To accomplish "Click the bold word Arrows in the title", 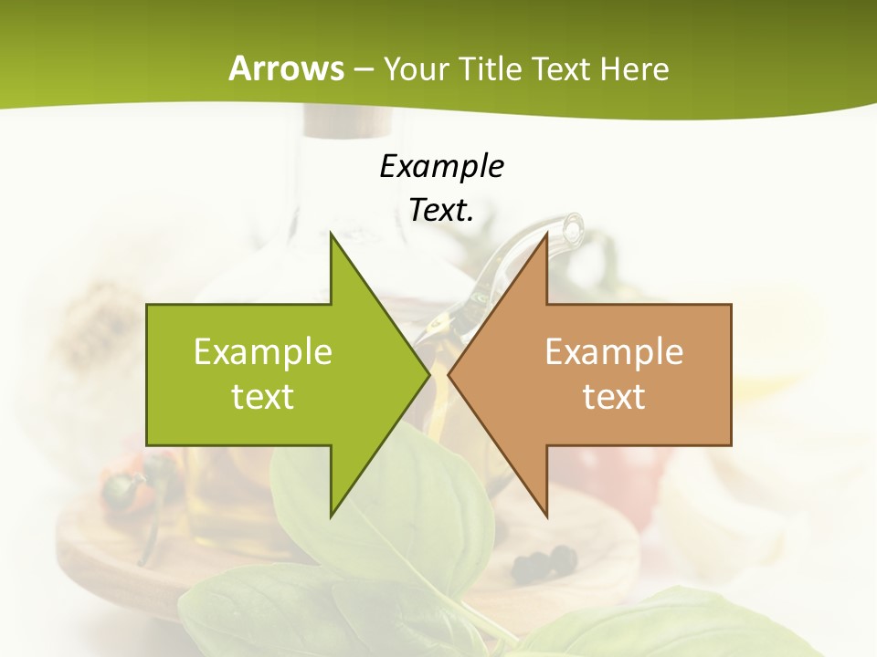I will [x=286, y=68].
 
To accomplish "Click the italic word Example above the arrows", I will [x=441, y=166].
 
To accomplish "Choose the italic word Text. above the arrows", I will [x=441, y=210].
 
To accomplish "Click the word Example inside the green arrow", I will [x=263, y=351].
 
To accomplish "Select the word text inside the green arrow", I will [x=263, y=396].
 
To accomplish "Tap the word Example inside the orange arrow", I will [x=614, y=351].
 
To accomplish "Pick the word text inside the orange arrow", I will [x=614, y=396].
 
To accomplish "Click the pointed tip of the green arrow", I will [x=429, y=374].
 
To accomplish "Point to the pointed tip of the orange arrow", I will [x=449, y=374].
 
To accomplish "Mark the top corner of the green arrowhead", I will [x=331, y=234].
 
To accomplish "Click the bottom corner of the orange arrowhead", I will [x=546, y=516].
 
